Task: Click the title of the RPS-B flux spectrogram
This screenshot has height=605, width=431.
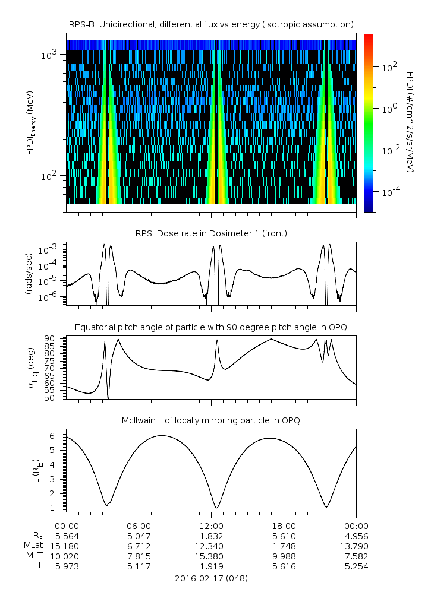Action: coord(211,24)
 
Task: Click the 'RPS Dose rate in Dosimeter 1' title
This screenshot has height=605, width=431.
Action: coord(211,233)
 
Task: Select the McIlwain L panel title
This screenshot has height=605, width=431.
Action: coord(211,420)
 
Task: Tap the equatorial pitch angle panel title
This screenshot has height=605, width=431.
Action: coord(211,327)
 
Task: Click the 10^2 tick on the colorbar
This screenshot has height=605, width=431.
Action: coord(389,68)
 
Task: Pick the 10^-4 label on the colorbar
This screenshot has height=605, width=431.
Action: coord(391,192)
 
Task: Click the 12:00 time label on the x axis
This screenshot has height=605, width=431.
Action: coord(211,525)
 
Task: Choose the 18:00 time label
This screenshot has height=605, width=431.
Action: coord(284,525)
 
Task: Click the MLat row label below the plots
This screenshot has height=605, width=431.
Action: coord(33,546)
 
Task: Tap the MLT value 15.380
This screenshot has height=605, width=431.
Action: coord(211,556)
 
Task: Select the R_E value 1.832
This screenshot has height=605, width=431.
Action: coord(211,536)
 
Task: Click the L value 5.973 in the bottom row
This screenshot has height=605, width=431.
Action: coord(67,566)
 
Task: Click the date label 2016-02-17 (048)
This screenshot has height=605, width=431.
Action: coord(211,578)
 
